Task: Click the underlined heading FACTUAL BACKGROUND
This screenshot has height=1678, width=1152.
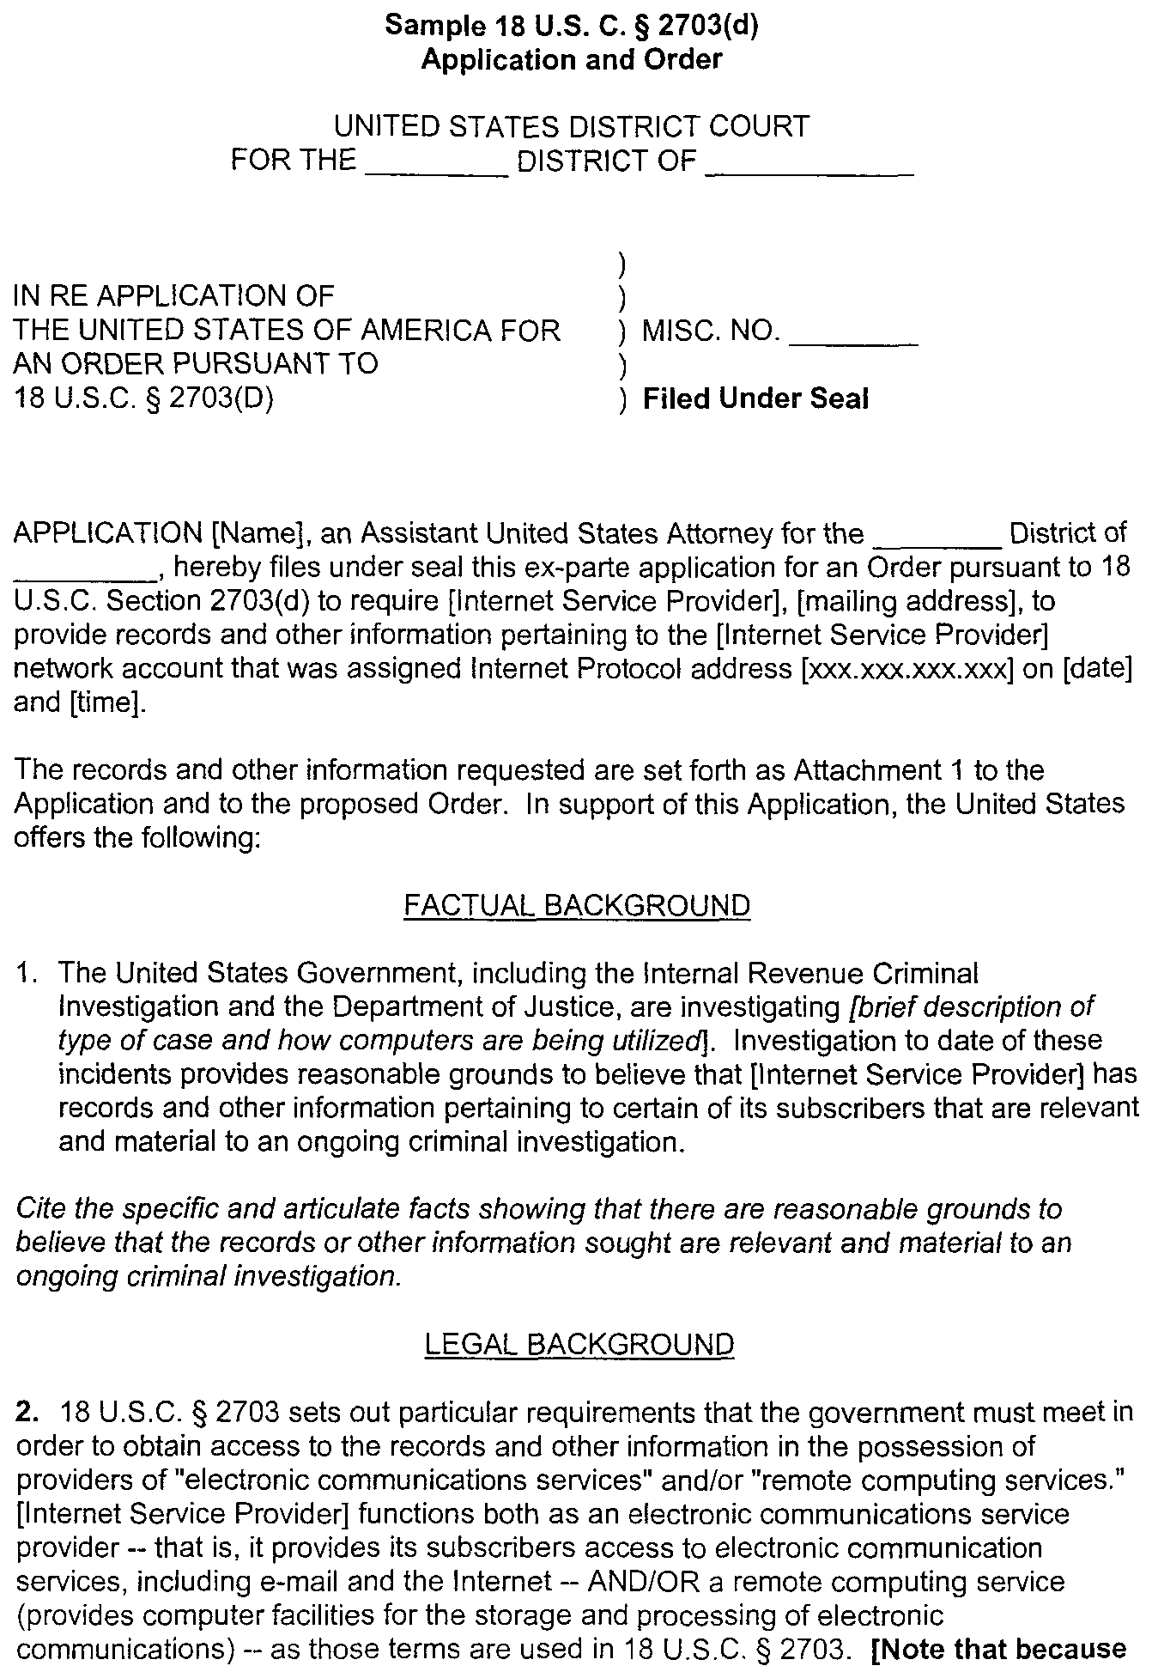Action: pos(577,905)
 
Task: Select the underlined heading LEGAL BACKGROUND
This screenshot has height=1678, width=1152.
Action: pos(579,1344)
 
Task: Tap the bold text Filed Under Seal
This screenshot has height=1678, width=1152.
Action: pos(755,398)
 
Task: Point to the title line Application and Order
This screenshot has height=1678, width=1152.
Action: pos(572,59)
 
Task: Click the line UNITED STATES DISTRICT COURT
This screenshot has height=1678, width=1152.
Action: pos(572,127)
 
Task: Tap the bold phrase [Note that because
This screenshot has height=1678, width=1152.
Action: pos(999,1649)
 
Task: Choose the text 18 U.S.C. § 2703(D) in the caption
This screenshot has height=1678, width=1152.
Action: pos(144,398)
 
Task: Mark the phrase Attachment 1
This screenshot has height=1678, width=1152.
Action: pos(879,769)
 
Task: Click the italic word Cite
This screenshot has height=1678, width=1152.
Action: pos(42,1209)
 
